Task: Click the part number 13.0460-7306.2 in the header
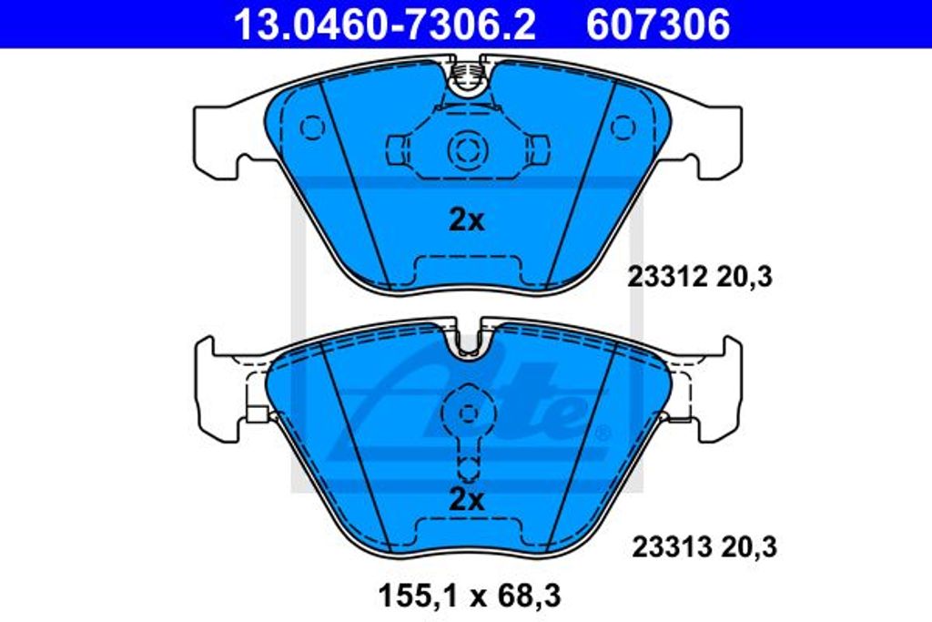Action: [385, 25]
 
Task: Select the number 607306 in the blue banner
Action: [658, 25]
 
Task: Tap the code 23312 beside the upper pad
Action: [667, 277]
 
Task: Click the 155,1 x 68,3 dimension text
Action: [470, 596]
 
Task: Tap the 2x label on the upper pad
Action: [467, 220]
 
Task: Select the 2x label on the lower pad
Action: [467, 500]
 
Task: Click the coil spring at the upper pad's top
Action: [468, 75]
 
